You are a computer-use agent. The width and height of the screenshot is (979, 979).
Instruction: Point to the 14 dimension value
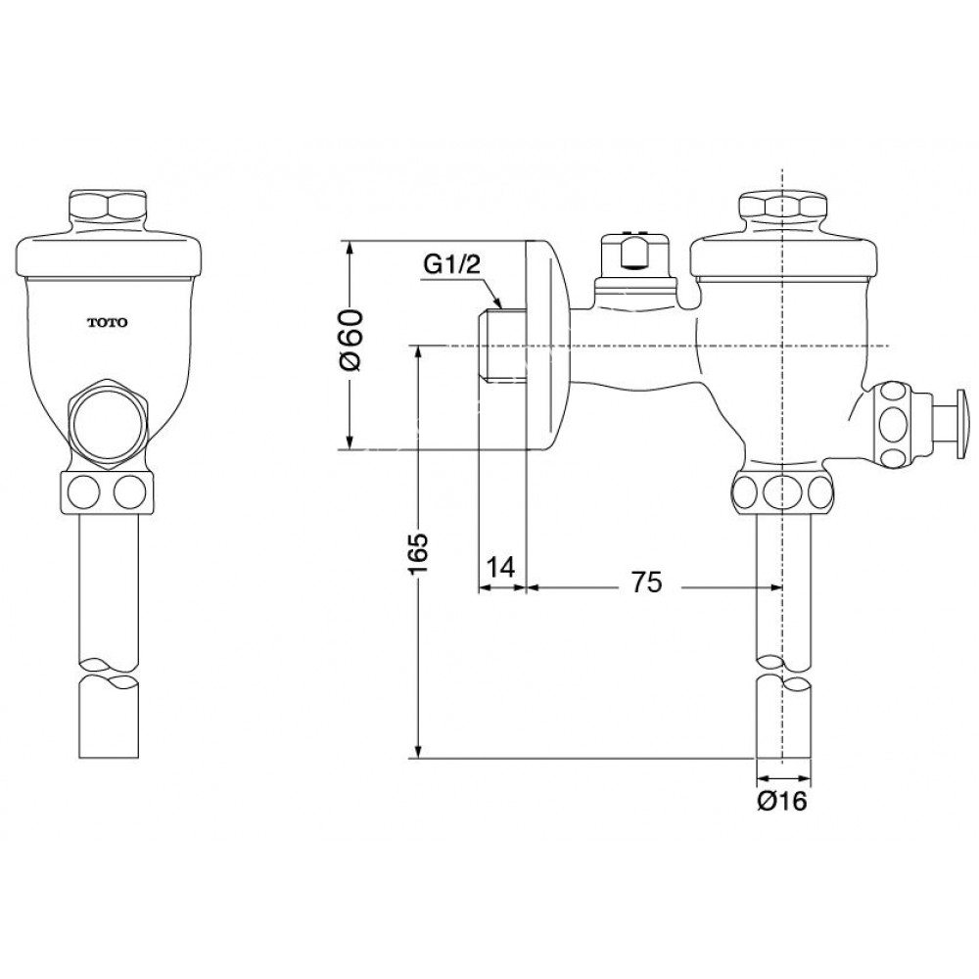point(501,568)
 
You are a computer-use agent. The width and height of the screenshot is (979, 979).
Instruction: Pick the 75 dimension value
point(646,583)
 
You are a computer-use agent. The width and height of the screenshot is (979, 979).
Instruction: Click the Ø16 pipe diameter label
point(781,802)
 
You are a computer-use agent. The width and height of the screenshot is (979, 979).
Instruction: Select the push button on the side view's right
point(960,423)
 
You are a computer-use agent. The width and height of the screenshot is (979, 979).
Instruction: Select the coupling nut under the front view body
point(108,491)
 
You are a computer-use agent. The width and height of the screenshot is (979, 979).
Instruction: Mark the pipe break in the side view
point(783,675)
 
